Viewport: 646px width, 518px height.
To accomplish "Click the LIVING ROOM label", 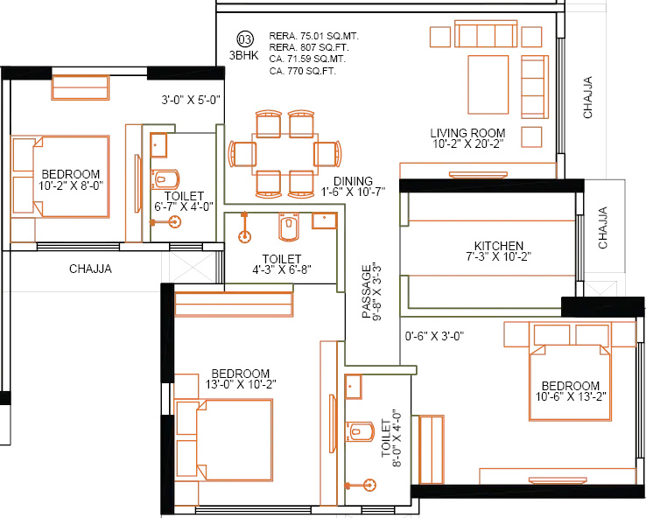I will pos(467,133).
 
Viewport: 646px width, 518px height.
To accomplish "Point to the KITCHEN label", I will pos(499,246).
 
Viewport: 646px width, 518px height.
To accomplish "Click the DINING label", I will pos(353,181).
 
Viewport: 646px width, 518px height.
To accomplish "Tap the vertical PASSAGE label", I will pos(366,291).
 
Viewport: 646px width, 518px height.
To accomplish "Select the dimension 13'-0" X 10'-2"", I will pos(241,384).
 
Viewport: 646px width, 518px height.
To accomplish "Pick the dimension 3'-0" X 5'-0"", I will pos(190,100).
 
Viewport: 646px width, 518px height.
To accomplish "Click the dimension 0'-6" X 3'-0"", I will pos(434,335).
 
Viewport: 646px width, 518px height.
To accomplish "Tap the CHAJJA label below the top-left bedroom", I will pos(90,269).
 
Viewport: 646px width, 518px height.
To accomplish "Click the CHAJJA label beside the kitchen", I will pos(603,228).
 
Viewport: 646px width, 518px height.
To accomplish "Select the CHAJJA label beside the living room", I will pos(587,97).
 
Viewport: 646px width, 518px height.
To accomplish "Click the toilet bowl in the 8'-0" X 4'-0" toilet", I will pos(356,432).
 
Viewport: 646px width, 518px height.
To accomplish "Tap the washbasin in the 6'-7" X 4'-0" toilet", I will pos(158,144).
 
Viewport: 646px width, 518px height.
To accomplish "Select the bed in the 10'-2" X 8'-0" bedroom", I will pos(60,175).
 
